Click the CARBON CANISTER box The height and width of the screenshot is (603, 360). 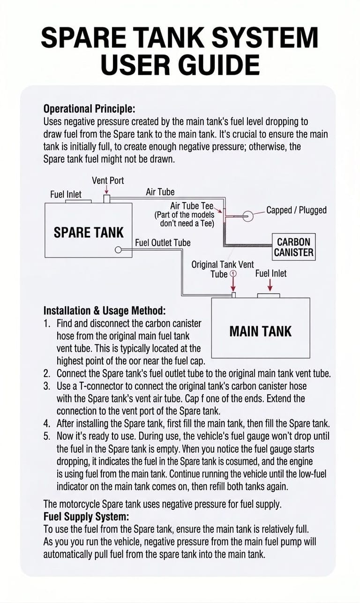(294, 247)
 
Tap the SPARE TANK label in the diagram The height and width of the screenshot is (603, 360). (89, 233)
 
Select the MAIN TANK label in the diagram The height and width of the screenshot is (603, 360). (261, 331)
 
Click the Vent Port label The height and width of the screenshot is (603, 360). (108, 181)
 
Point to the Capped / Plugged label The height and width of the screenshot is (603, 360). (296, 210)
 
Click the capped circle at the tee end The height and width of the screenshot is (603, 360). (248, 216)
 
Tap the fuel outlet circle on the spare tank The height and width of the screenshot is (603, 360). (118, 250)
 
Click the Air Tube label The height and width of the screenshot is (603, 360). (160, 192)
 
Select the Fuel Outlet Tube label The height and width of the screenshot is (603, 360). (163, 242)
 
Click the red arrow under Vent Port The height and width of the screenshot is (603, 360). (107, 190)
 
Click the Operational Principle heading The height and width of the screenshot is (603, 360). (90, 109)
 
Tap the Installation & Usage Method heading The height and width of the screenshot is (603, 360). (105, 311)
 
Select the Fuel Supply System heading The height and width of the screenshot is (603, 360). (86, 517)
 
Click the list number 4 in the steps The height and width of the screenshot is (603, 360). (46, 424)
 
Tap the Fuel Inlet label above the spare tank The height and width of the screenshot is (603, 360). (66, 195)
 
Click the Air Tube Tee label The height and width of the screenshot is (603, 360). (192, 206)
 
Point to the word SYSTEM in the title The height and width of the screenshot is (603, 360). (265, 37)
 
